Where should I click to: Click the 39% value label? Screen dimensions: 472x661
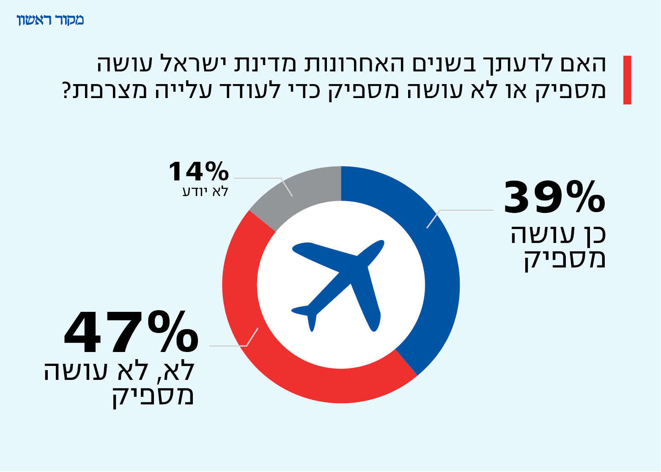point(554,197)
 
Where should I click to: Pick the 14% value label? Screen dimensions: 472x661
point(199,171)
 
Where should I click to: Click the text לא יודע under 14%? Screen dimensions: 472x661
point(206,191)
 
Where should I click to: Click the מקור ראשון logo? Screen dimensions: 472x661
point(50,20)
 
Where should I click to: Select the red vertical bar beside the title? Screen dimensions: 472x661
point(627,80)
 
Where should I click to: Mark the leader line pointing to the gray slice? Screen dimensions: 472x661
point(262,179)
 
